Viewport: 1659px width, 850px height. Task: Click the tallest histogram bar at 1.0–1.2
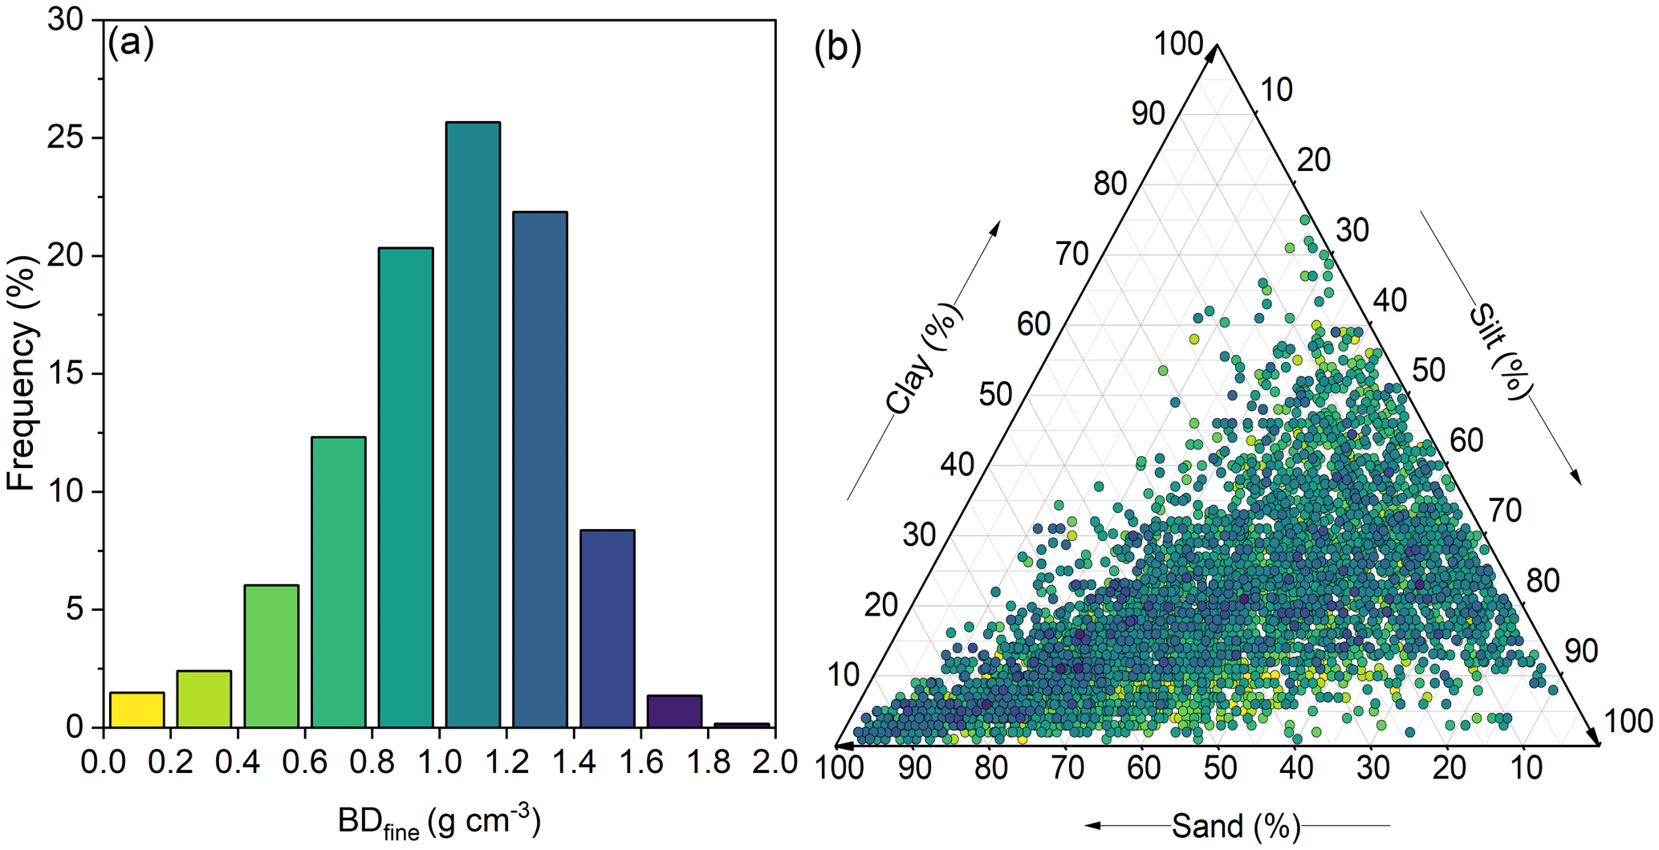pyautogui.click(x=473, y=425)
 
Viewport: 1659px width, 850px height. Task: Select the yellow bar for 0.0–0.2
pyautogui.click(x=137, y=710)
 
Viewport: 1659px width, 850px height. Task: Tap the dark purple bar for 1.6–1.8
pyautogui.click(x=674, y=712)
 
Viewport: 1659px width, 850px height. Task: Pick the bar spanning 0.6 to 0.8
pyautogui.click(x=339, y=582)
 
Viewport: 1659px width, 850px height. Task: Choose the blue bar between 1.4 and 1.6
pyautogui.click(x=608, y=628)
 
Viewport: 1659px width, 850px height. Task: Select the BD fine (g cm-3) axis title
pyautogui.click(x=439, y=823)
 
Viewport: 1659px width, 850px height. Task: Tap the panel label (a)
pyautogui.click(x=130, y=43)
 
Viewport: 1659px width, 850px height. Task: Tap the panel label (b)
pyautogui.click(x=837, y=47)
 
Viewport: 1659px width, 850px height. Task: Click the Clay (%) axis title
pyautogui.click(x=923, y=359)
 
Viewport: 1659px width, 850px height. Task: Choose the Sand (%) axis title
pyautogui.click(x=1235, y=826)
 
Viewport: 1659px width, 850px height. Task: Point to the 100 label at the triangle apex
pyautogui.click(x=1177, y=44)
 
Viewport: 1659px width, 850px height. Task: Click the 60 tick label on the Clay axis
pyautogui.click(x=1034, y=324)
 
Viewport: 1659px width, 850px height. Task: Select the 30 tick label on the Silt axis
pyautogui.click(x=1352, y=230)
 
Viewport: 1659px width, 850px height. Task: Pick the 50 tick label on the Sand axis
pyautogui.click(x=1218, y=768)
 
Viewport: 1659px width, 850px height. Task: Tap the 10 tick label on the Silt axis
pyautogui.click(x=1276, y=90)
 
